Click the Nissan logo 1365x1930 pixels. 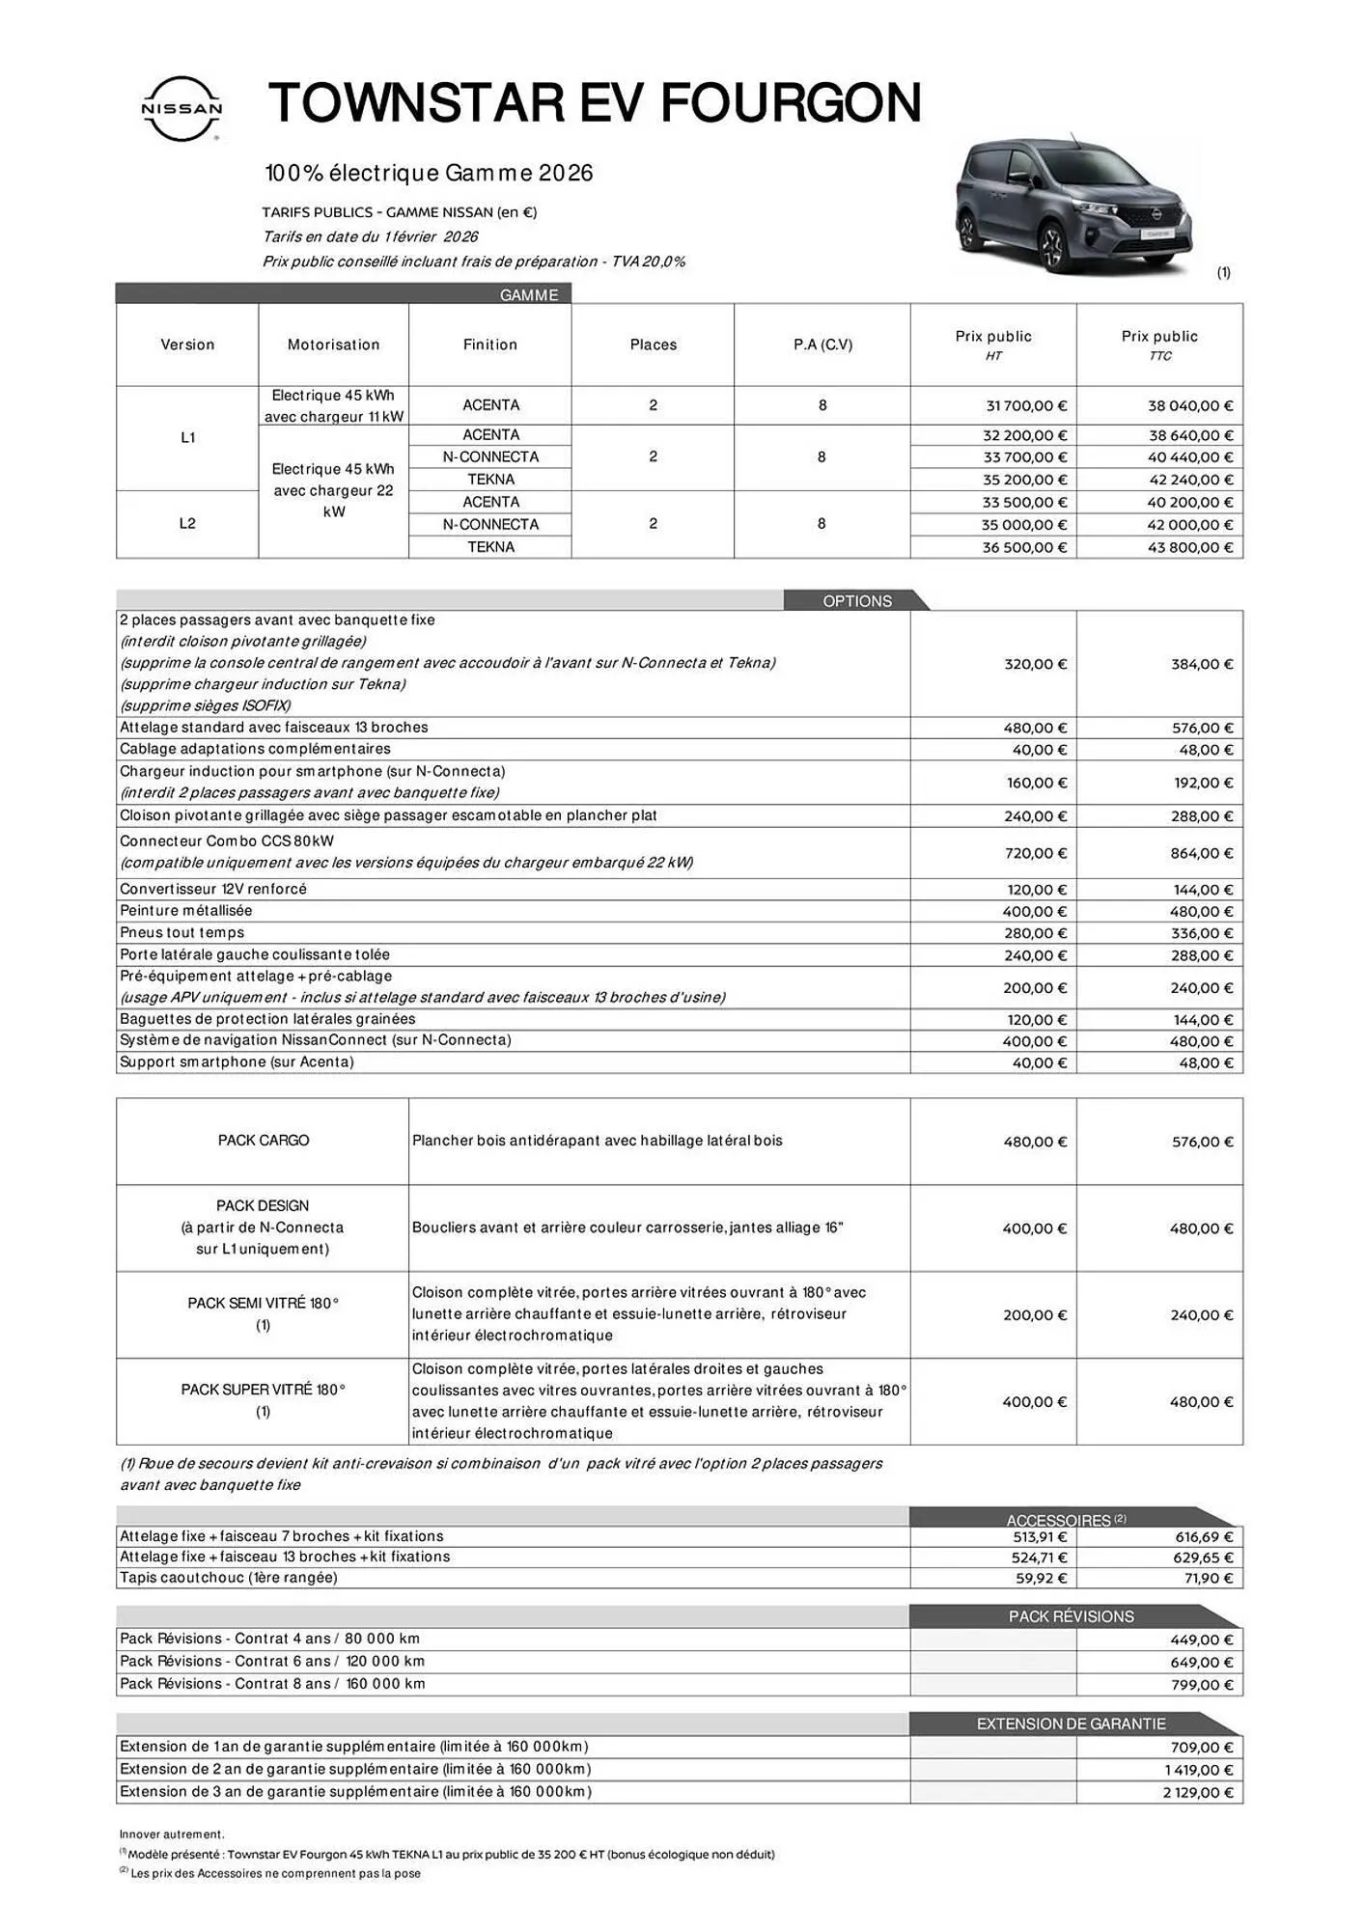(x=181, y=108)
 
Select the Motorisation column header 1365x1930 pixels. (x=333, y=345)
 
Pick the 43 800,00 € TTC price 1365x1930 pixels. (x=1189, y=547)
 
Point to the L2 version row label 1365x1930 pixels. (x=187, y=523)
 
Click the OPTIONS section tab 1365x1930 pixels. (x=856, y=601)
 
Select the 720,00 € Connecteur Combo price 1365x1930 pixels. (x=1035, y=853)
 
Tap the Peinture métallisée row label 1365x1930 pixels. (x=186, y=910)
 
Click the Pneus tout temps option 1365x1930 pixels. (x=182, y=932)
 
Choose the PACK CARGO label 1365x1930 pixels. (x=264, y=1141)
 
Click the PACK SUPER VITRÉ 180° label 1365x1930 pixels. (x=264, y=1390)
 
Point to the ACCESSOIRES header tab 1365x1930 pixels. (x=1059, y=1520)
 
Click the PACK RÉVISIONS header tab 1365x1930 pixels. (x=1071, y=1616)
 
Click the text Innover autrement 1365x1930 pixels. (x=172, y=1833)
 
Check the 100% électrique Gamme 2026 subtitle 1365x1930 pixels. (x=429, y=174)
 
